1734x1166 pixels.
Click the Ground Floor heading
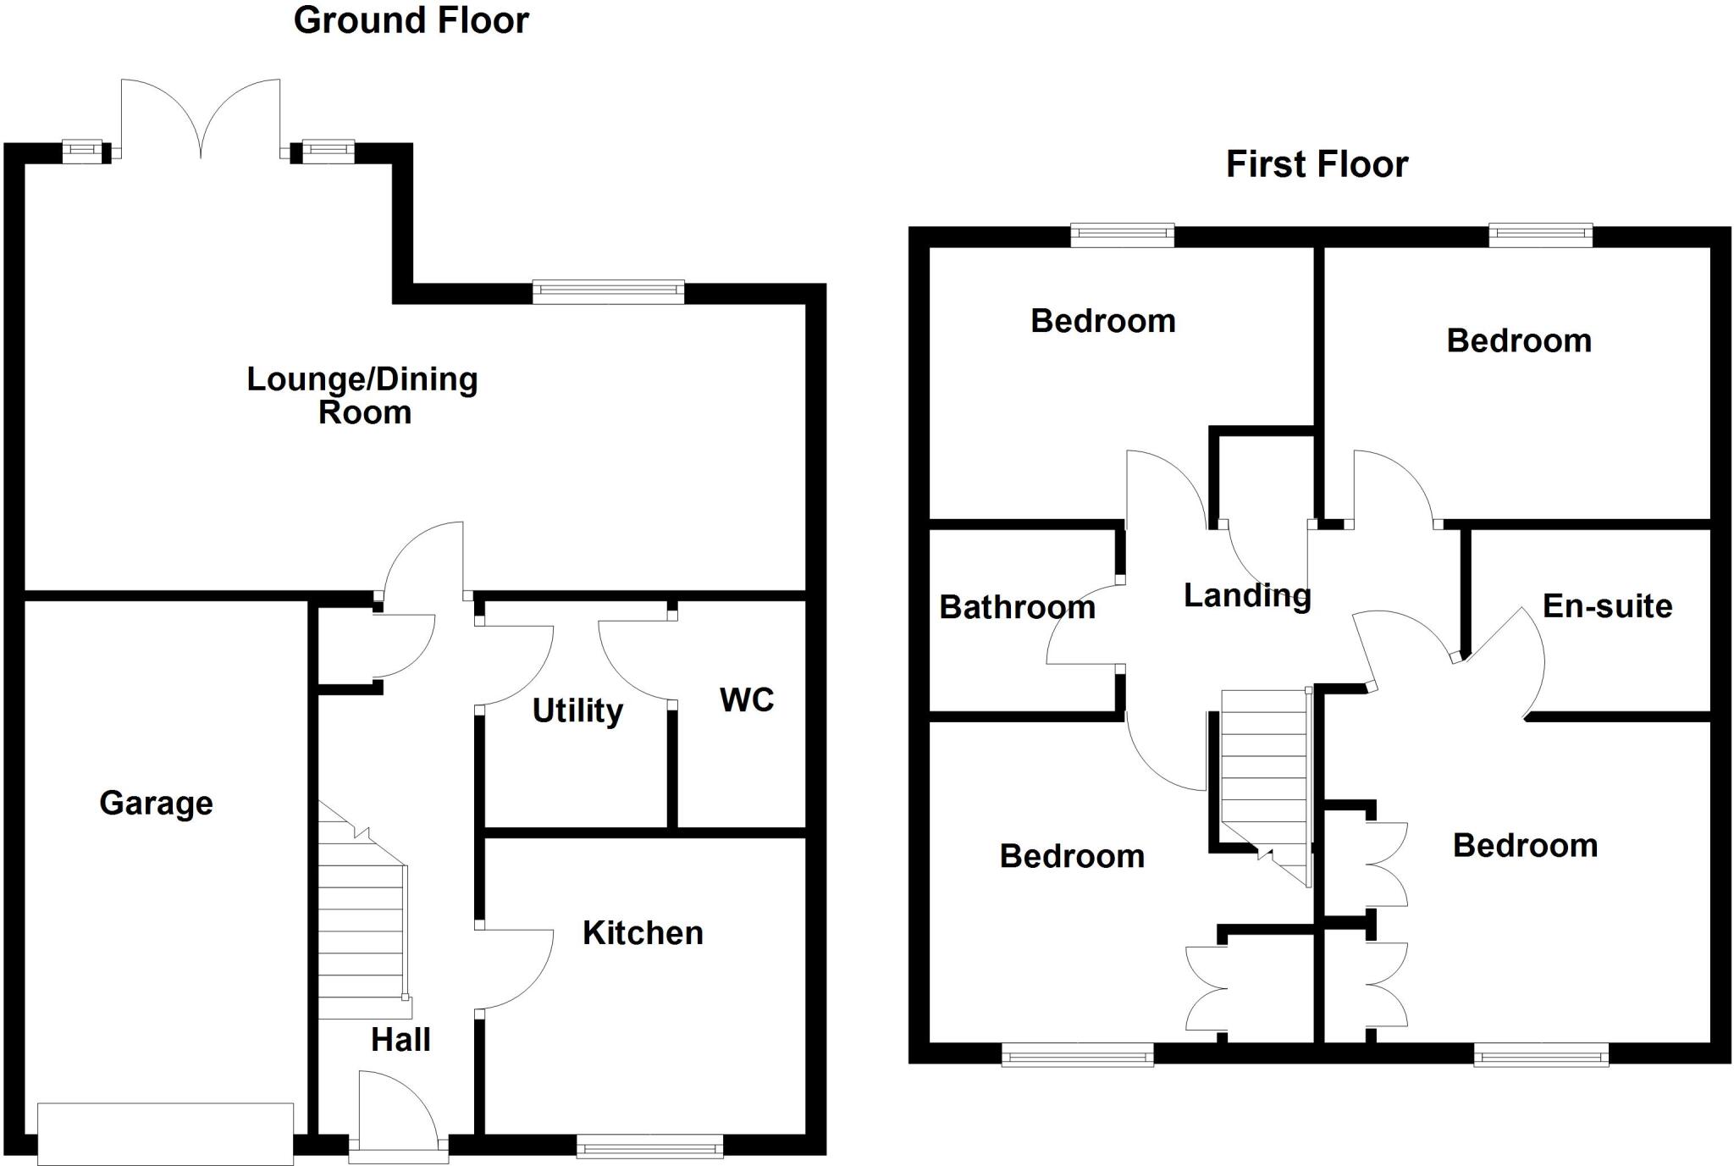(411, 20)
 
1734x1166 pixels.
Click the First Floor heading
(1317, 164)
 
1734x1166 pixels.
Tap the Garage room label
(156, 803)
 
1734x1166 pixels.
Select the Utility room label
(577, 710)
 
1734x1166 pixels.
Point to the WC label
(747, 699)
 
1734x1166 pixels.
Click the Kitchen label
(643, 932)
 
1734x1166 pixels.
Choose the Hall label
(400, 1039)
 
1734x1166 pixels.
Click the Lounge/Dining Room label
(362, 395)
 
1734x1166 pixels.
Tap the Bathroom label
(1017, 607)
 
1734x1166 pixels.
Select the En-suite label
(1607, 605)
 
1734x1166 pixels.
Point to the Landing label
(1247, 595)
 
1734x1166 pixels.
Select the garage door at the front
(166, 1133)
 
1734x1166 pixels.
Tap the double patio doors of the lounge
(201, 119)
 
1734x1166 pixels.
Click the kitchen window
(650, 1147)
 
